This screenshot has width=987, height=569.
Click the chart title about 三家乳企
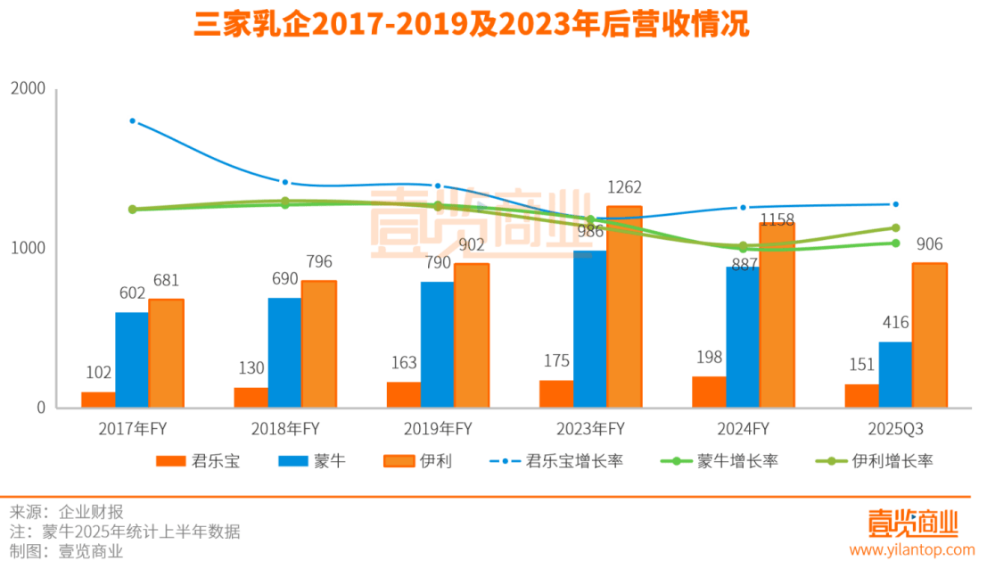coord(473,25)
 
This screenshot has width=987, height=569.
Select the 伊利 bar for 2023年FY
coord(624,308)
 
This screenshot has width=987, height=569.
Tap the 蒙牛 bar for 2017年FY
coord(132,360)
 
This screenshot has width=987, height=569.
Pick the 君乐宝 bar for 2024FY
coord(710,392)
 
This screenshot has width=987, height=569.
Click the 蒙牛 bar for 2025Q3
coord(895,375)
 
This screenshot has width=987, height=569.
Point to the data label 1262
coord(624,188)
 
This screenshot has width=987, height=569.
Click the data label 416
coord(895,323)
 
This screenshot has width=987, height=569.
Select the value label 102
coord(98,373)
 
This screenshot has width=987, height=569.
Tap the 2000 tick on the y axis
coord(28,89)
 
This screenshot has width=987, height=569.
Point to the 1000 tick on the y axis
coord(28,248)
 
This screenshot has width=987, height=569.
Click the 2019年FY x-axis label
coord(436,429)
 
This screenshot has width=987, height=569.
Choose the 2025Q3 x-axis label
coord(894,429)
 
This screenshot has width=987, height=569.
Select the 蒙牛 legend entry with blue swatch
coord(311,461)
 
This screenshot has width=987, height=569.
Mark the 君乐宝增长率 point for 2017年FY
coord(132,120)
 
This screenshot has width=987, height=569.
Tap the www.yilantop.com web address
coord(911,549)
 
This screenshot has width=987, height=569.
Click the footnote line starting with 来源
coord(67,512)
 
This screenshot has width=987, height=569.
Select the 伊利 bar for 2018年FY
coord(318,344)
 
